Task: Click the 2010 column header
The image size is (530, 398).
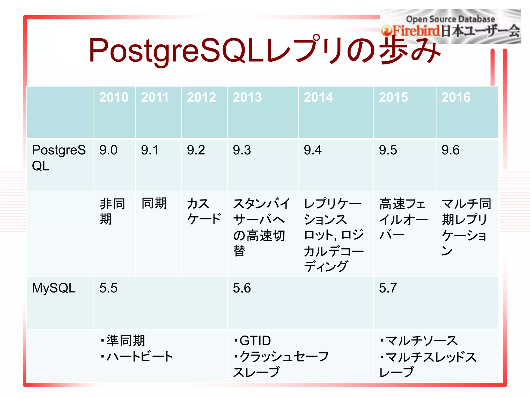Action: click(114, 97)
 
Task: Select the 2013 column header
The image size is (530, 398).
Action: click(247, 97)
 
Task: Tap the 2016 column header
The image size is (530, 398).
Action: click(456, 97)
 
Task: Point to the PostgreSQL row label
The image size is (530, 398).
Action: click(59, 158)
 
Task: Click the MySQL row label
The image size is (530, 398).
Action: click(54, 288)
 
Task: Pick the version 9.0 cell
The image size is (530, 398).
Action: click(108, 150)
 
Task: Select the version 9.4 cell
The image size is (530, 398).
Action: click(313, 150)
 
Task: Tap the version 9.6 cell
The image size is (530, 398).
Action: click(451, 150)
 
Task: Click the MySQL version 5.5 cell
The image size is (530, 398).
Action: click(108, 288)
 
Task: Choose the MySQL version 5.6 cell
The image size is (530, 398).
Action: click(242, 288)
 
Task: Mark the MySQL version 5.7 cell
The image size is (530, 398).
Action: click(388, 288)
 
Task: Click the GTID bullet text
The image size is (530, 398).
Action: click(255, 341)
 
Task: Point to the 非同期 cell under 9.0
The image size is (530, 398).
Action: click(112, 211)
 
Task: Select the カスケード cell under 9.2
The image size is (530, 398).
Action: click(204, 211)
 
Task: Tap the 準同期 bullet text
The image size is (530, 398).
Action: click(126, 341)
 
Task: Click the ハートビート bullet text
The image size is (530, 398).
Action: click(139, 357)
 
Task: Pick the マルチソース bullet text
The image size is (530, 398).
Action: click(421, 341)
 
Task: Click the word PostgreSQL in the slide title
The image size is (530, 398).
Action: click(176, 51)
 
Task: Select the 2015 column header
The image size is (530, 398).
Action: click(393, 97)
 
